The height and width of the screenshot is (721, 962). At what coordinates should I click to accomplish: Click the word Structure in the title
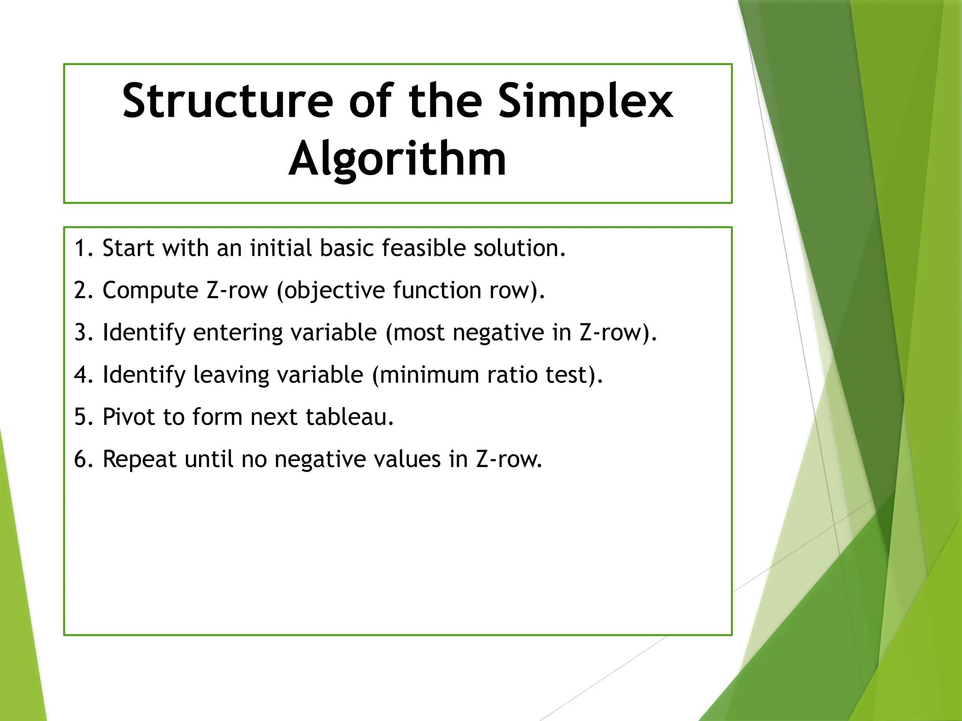[227, 100]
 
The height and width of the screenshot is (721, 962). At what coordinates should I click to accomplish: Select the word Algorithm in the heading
[397, 160]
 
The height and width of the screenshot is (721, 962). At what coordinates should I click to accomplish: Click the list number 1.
[81, 248]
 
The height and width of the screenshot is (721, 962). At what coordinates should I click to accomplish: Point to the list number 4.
[81, 375]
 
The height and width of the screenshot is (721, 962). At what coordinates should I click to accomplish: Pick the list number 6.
[81, 460]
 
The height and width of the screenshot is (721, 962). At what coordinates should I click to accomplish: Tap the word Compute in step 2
[150, 291]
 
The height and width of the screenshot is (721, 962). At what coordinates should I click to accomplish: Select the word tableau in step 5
[349, 417]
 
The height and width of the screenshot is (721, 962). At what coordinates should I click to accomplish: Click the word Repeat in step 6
[140, 460]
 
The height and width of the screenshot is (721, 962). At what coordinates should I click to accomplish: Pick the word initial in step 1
[280, 248]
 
